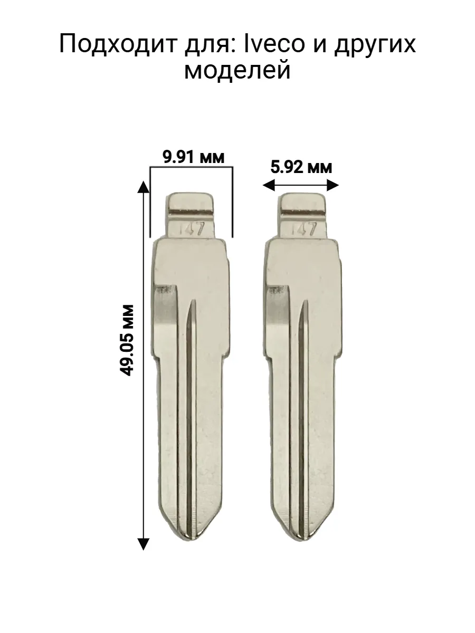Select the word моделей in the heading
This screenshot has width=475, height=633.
pos(237,70)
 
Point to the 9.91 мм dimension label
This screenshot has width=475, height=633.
pos(194,157)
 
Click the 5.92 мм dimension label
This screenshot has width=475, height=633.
pos(301,167)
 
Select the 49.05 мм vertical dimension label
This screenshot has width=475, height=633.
pos(127,340)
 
